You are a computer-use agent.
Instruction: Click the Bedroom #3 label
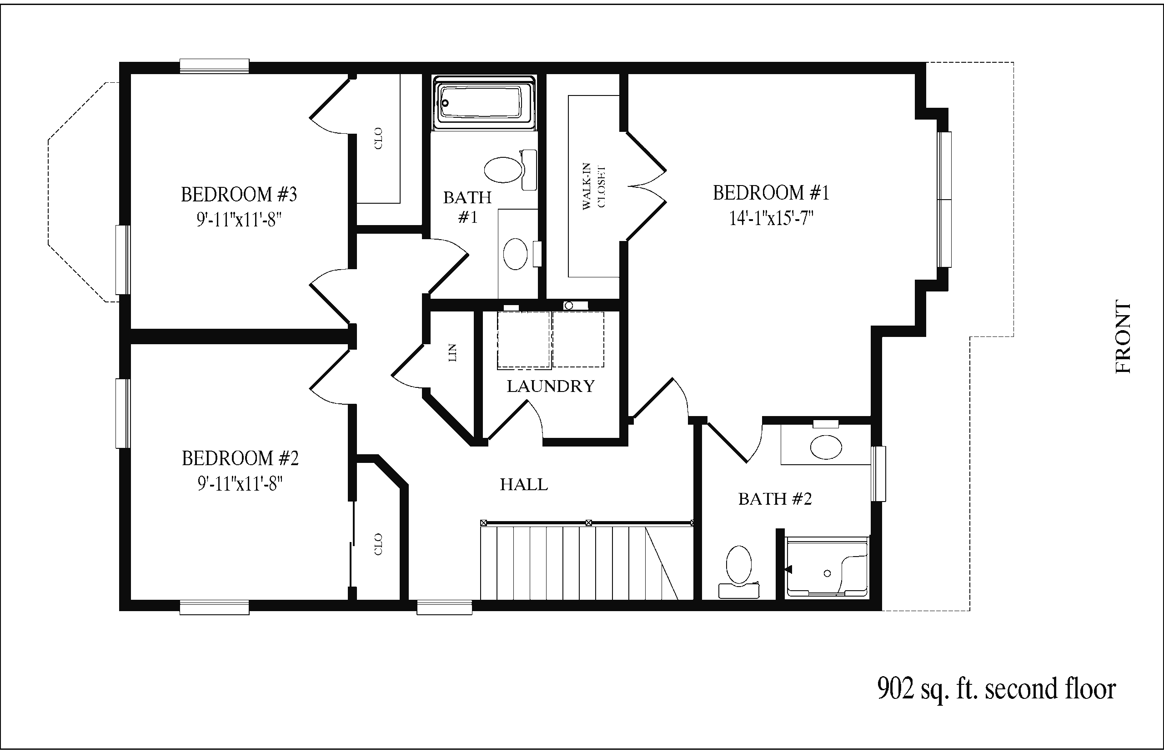pyautogui.click(x=239, y=194)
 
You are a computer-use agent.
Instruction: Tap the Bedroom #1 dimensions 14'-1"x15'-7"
pyautogui.click(x=772, y=218)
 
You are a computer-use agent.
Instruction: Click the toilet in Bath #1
pyautogui.click(x=510, y=170)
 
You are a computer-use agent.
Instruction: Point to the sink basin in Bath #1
pyautogui.click(x=515, y=254)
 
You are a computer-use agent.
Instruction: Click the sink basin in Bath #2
pyautogui.click(x=826, y=447)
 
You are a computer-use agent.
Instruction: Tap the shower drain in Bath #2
pyautogui.click(x=827, y=573)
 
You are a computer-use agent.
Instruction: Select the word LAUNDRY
pyautogui.click(x=551, y=387)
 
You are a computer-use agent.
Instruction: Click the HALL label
pyautogui.click(x=524, y=484)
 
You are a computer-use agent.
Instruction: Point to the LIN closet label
pyautogui.click(x=452, y=352)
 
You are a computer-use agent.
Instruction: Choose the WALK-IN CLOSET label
pyautogui.click(x=593, y=186)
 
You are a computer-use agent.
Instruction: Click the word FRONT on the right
pyautogui.click(x=1124, y=337)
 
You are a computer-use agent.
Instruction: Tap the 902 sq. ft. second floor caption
pyautogui.click(x=996, y=688)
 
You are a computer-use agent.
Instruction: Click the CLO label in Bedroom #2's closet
pyautogui.click(x=378, y=544)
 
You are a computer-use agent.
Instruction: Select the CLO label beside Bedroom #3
pyautogui.click(x=378, y=138)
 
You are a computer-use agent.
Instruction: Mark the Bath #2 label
pyautogui.click(x=775, y=499)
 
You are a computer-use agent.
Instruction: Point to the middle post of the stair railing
pyautogui.click(x=589, y=523)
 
